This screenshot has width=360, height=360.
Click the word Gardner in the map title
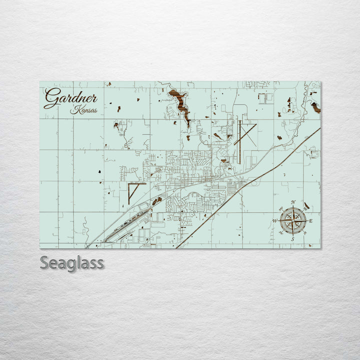pos(70,97)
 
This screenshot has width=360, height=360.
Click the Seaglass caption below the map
pos(71,262)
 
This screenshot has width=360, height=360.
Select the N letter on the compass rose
pos(293,202)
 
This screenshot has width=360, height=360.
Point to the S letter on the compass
pos(292,239)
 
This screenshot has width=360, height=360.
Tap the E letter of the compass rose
pos(310,221)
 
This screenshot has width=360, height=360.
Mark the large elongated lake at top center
pos(180,104)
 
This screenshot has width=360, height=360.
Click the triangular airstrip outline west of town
pos(133,190)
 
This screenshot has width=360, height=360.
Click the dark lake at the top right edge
pos(315,107)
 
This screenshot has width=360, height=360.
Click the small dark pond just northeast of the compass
pos(306,205)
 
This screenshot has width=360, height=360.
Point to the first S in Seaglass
pos(44,262)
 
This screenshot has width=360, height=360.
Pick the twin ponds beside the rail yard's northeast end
pos(157,201)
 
